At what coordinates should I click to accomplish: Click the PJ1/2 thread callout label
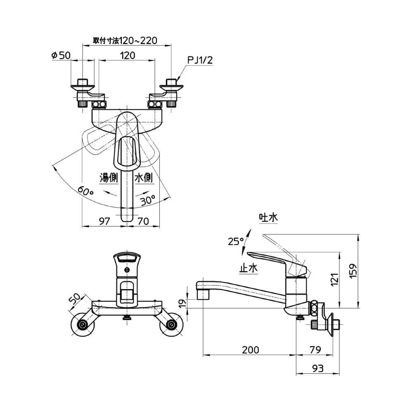tap(200, 60)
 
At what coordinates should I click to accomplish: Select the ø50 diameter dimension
tap(61, 55)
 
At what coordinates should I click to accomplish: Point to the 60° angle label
tap(85, 191)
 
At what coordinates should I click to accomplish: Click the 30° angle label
tap(148, 200)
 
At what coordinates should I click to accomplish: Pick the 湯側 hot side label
tap(109, 178)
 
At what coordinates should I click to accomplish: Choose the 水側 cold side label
tap(144, 178)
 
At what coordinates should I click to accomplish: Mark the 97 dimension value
tap(104, 221)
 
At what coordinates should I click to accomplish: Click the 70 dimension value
tap(144, 221)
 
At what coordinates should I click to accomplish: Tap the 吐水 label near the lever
tap(268, 218)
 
